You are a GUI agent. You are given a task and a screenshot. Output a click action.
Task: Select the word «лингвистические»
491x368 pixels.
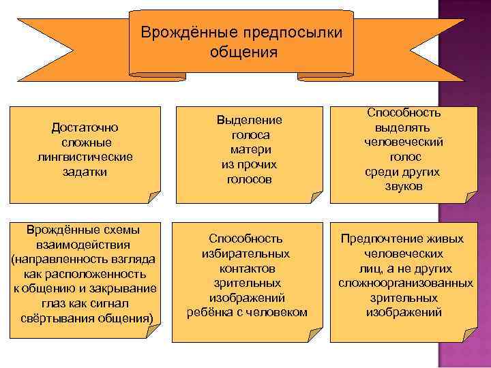85,157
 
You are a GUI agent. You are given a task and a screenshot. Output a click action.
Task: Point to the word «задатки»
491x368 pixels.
85,172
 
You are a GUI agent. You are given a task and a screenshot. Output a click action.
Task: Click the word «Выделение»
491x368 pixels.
250,120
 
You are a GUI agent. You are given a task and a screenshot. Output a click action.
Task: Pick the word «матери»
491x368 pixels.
250,150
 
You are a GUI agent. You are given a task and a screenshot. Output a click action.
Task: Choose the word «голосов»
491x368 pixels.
250,180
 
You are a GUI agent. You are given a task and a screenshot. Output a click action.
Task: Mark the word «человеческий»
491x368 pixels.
404,142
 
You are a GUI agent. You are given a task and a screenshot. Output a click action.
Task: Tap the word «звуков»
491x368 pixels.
404,186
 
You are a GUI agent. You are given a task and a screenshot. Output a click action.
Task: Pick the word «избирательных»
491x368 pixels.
245,254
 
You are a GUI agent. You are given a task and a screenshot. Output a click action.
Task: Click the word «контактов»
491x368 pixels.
245,269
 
